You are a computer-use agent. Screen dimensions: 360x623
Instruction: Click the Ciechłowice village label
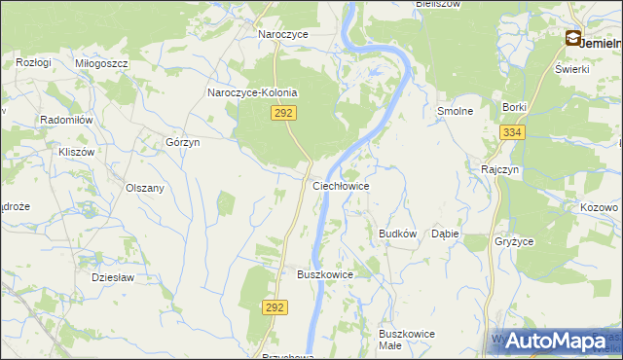coord(340,185)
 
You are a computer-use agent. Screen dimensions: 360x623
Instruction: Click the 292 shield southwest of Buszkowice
coord(275,307)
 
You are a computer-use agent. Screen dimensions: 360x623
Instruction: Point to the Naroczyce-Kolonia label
coord(252,93)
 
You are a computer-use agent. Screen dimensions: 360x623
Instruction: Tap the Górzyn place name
coord(182,142)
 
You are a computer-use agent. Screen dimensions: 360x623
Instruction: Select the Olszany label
coord(144,188)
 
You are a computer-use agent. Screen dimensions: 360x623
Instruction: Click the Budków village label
coord(397,234)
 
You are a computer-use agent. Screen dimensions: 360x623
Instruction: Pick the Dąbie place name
coord(445,234)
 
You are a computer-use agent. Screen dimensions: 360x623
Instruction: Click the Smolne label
coord(455,111)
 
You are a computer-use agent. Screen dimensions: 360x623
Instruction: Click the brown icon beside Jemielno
coord(573,39)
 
